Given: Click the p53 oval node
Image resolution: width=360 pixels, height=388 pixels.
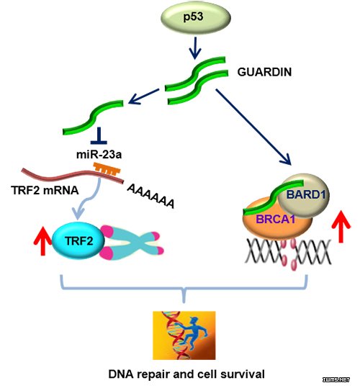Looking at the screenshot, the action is pyautogui.click(x=196, y=17).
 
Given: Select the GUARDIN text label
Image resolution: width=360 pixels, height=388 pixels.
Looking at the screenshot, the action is pyautogui.click(x=264, y=72).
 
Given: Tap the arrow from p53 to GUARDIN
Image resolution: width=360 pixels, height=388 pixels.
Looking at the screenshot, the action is pyautogui.click(x=195, y=48).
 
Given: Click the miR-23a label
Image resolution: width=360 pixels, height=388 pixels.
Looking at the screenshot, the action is pyautogui.click(x=99, y=155).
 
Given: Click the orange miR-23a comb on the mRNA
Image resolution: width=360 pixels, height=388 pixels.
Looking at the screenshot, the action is pyautogui.click(x=107, y=168).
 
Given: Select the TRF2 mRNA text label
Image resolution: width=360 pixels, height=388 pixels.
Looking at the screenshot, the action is pyautogui.click(x=45, y=190).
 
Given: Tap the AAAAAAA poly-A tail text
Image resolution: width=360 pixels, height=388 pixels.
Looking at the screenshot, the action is pyautogui.click(x=150, y=196).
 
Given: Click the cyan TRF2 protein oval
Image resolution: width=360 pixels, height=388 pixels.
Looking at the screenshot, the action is pyautogui.click(x=78, y=240).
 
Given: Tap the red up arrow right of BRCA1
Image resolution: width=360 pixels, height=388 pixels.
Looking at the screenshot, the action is pyautogui.click(x=341, y=226).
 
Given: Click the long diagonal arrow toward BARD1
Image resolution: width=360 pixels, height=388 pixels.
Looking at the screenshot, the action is pyautogui.click(x=253, y=127).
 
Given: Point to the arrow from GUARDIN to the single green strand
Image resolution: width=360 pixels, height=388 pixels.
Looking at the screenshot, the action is pyautogui.click(x=144, y=96).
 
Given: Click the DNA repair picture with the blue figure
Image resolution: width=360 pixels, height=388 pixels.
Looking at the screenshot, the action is pyautogui.click(x=184, y=335).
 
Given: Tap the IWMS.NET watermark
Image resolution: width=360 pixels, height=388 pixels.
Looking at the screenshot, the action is pyautogui.click(x=336, y=379).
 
